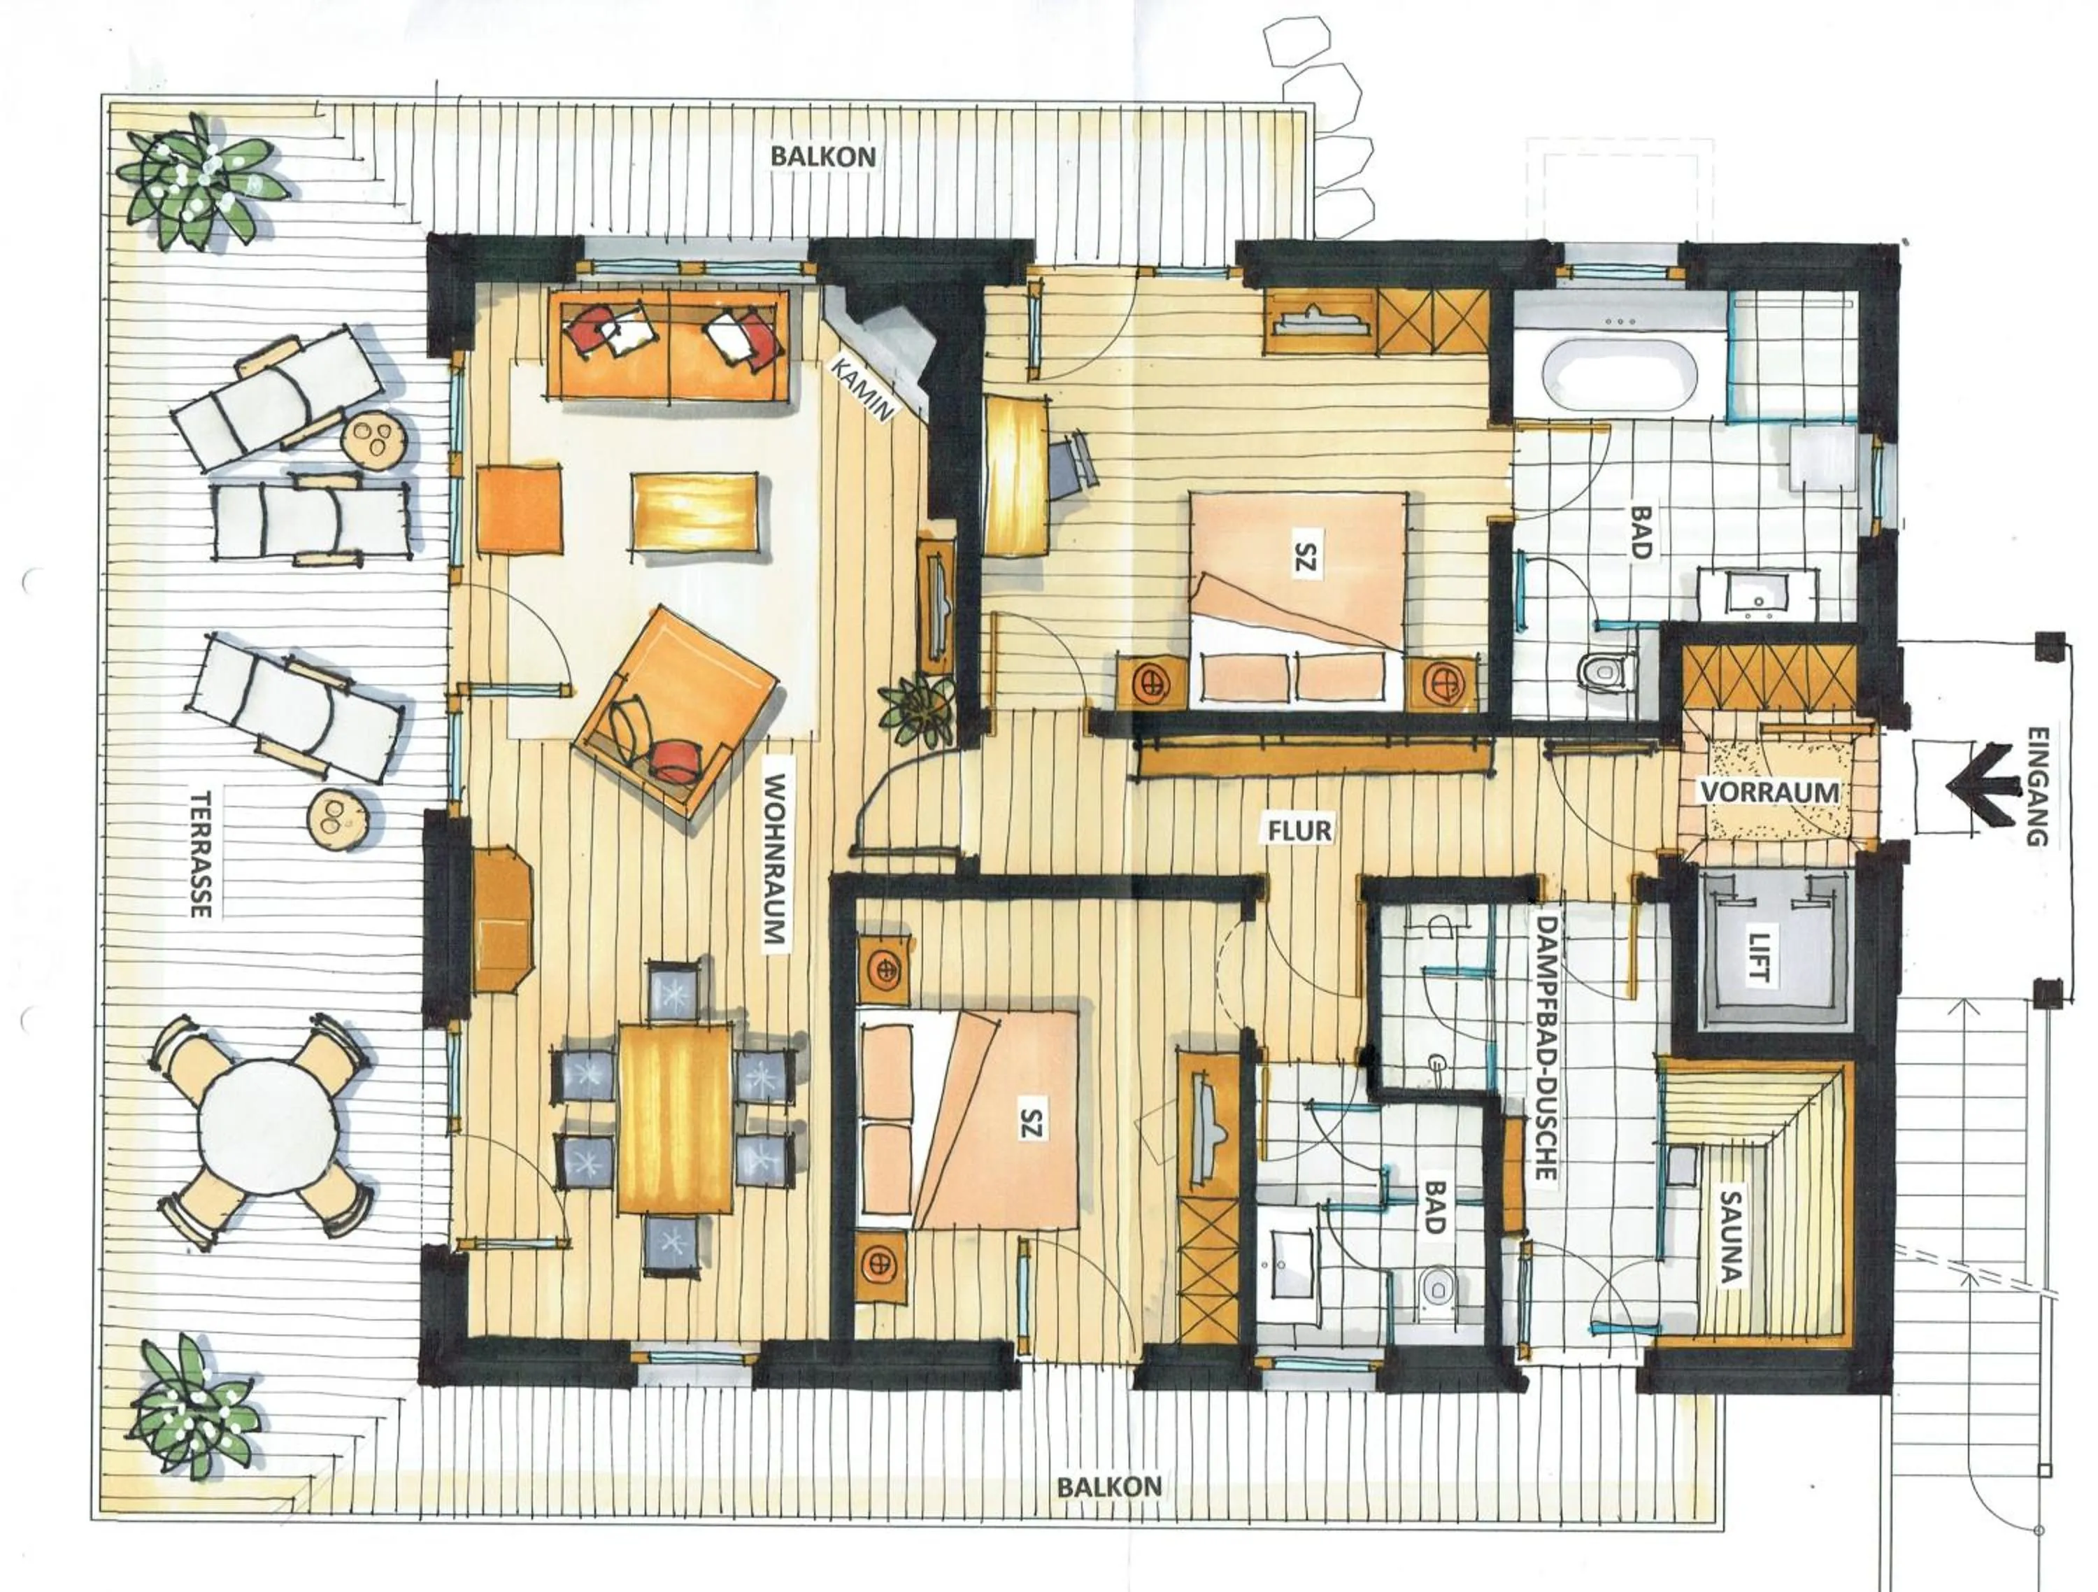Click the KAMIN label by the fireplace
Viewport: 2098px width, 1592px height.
pyautogui.click(x=863, y=389)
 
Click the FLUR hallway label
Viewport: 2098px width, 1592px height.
pyautogui.click(x=1300, y=830)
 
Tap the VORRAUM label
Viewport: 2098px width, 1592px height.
pyautogui.click(x=1769, y=791)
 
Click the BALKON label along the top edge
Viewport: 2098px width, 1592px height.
pyautogui.click(x=822, y=157)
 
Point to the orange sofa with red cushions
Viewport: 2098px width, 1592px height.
pyautogui.click(x=671, y=343)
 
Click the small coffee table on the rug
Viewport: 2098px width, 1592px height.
pyautogui.click(x=694, y=511)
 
